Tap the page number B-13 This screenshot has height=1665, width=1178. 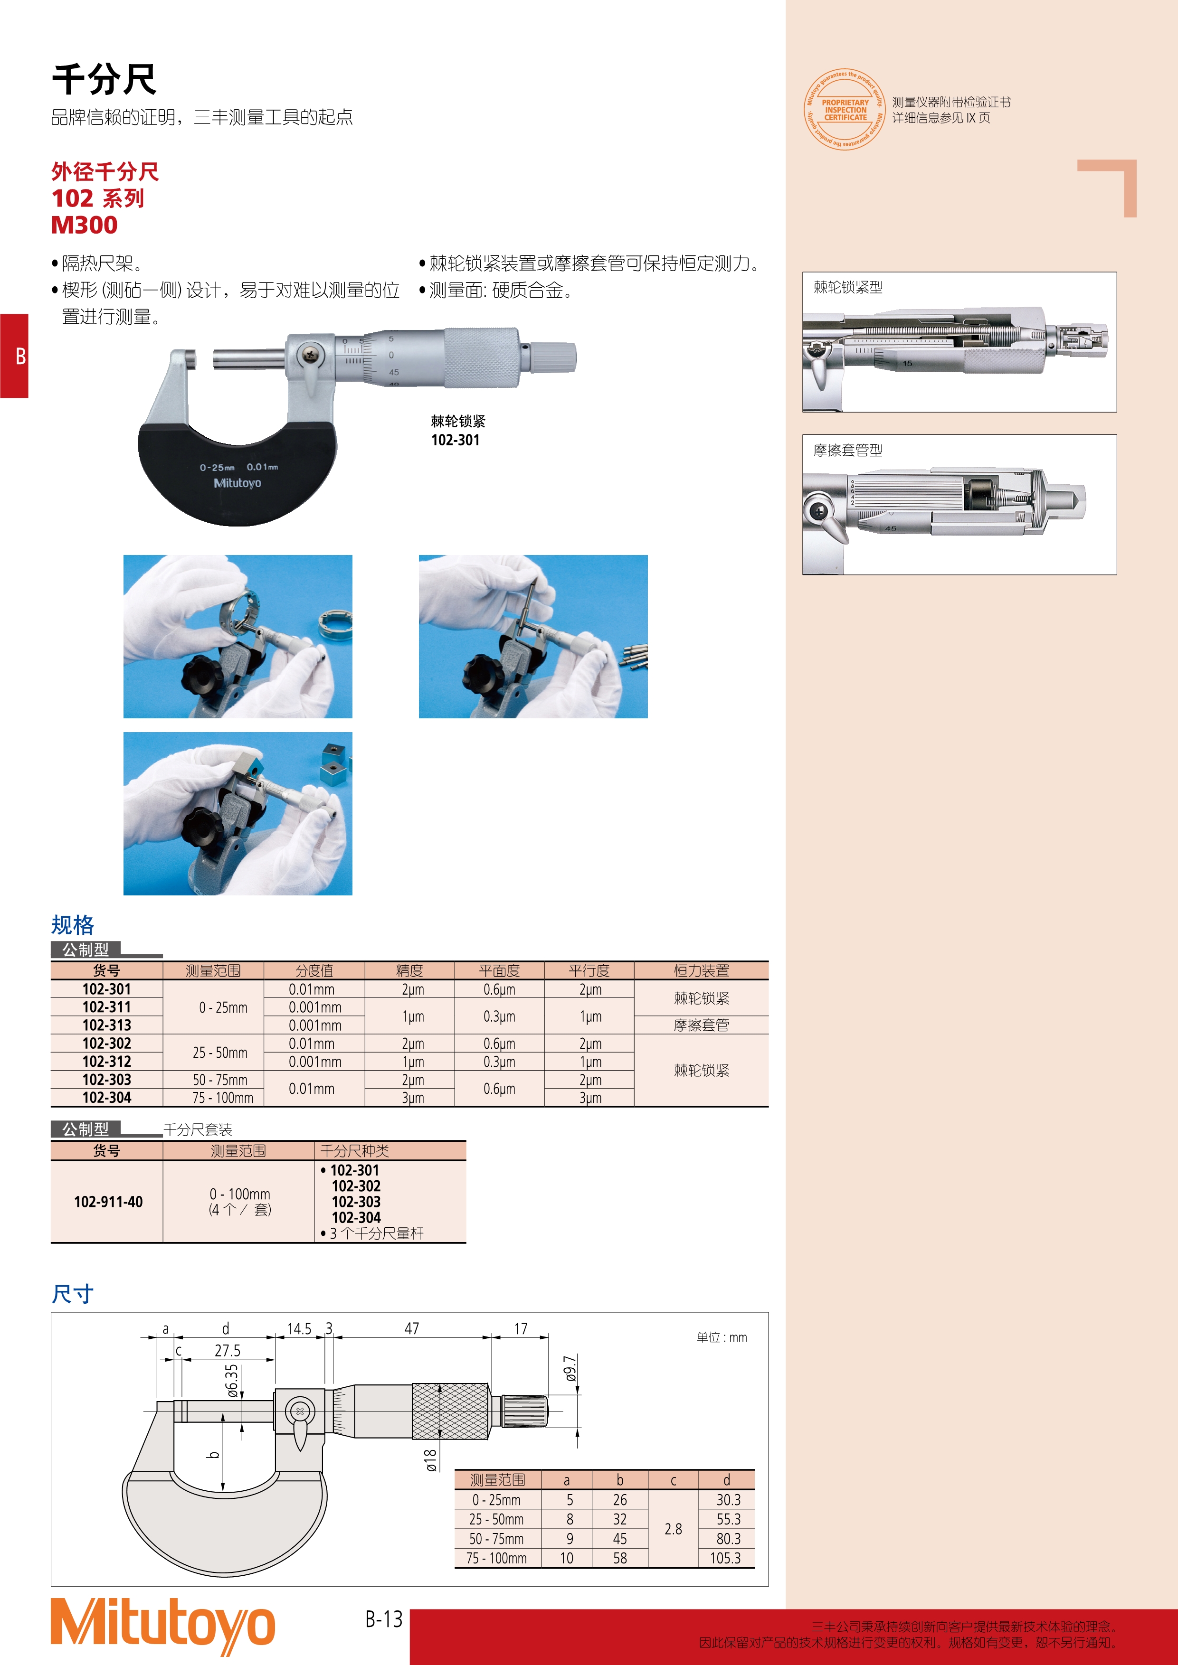pos(384,1618)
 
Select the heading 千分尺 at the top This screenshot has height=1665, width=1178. pos(104,79)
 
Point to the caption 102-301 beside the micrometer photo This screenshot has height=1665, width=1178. pos(456,440)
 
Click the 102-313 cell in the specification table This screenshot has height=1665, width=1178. pos(106,1025)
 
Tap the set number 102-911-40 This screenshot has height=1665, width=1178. pos(108,1202)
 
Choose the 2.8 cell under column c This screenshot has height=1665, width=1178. pos(673,1529)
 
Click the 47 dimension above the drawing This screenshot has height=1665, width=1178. pos(411,1328)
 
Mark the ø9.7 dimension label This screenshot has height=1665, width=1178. pos(570,1368)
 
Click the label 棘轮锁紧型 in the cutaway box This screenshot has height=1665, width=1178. pos(848,287)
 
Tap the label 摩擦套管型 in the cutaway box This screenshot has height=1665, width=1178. pos(848,451)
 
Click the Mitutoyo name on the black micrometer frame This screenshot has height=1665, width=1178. pos(237,483)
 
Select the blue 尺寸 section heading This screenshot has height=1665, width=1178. pos(73,1294)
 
